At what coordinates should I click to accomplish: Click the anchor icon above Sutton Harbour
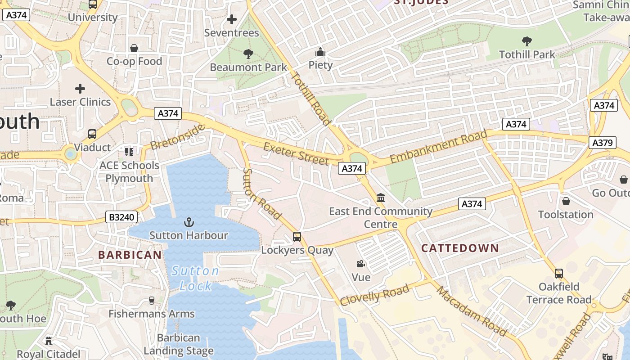pos(189,222)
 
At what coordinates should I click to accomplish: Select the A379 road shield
pos(602,143)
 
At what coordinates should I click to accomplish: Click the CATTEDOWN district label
pos(460,248)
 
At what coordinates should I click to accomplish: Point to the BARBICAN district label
pos(130,255)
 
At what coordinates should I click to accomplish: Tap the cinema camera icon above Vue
pos(360,264)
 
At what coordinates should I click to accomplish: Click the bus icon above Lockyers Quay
pos(297,237)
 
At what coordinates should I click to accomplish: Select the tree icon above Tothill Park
pos(527,41)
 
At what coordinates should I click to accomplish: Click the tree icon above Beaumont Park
pos(248,54)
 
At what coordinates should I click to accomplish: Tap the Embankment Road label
pos(438,146)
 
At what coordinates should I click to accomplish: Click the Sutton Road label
pos(261,194)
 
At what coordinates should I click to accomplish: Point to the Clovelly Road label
pos(374,295)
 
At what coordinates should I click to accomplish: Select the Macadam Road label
pos(472,311)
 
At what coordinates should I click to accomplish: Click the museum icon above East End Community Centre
pos(381,198)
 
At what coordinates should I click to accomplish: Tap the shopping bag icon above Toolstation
pos(566,201)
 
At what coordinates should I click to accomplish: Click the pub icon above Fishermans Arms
pos(152,301)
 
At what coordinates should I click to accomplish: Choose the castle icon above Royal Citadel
pos(49,341)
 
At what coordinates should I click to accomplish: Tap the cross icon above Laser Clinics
pos(80,89)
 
